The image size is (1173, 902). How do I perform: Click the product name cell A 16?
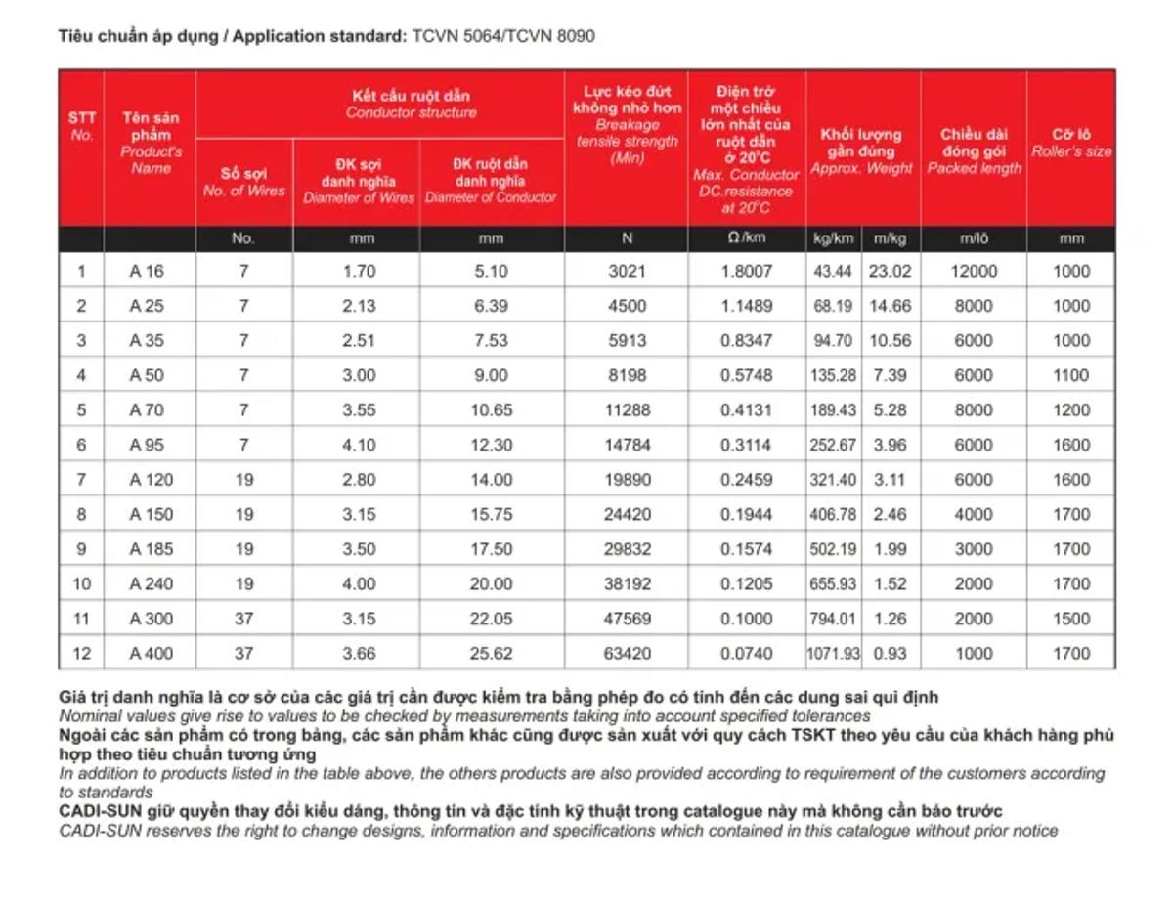(148, 272)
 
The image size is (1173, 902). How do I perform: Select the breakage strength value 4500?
(627, 306)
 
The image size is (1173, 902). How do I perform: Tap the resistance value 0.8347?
(746, 341)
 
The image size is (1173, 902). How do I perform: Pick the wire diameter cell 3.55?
(359, 410)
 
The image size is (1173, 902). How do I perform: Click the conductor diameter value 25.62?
(492, 654)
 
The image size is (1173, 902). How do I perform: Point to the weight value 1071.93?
(834, 654)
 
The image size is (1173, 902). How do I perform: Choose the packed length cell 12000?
(974, 272)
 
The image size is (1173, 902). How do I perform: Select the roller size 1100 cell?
(1071, 375)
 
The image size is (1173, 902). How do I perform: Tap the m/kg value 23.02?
(891, 272)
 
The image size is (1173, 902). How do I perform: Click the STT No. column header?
(81, 126)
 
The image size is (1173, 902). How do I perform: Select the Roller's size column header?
(1071, 143)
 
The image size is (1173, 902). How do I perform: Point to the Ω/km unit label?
(746, 238)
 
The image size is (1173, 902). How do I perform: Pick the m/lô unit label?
(974, 238)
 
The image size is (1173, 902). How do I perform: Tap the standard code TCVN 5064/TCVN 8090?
(502, 36)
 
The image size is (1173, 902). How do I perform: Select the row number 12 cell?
(81, 654)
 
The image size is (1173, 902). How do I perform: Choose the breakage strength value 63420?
(627, 654)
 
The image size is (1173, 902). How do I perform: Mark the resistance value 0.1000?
(746, 619)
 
